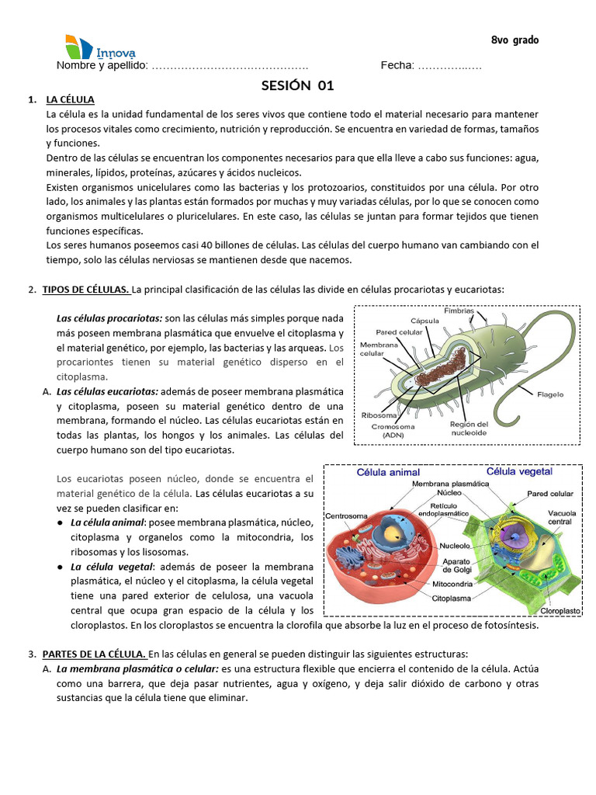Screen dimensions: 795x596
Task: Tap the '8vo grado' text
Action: point(515,40)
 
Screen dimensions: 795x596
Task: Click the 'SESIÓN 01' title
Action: point(297,85)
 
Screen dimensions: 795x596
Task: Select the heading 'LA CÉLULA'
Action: point(70,100)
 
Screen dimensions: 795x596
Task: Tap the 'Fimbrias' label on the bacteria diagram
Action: point(459,311)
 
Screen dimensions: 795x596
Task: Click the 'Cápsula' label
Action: point(425,321)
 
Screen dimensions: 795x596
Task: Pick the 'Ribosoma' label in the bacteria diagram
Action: point(380,415)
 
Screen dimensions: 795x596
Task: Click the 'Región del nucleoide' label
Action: point(468,429)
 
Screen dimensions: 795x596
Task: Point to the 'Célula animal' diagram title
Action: point(388,472)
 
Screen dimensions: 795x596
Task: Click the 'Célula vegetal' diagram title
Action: point(519,471)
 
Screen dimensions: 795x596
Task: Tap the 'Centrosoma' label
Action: point(346,516)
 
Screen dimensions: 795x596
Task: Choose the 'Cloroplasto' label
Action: point(560,611)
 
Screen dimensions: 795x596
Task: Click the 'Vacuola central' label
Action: point(560,517)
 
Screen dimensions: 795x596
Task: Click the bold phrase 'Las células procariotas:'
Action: point(109,318)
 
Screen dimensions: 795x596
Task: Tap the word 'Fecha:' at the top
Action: point(397,66)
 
